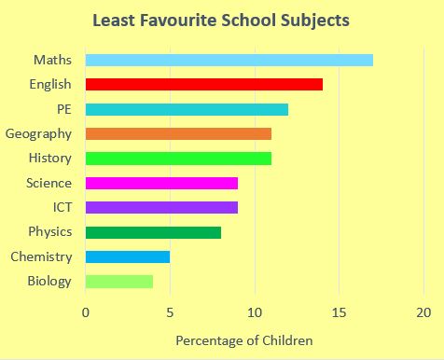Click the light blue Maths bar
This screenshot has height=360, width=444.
coord(229,60)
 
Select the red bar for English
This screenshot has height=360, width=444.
coord(203,84)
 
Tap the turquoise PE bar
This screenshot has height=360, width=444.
coord(187,109)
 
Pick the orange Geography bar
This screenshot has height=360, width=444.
coord(178,133)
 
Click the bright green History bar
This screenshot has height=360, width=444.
coord(178,159)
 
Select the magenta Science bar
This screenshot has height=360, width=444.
coord(161,183)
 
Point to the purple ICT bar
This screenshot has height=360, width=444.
coord(161,207)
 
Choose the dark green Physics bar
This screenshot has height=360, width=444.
coord(153,232)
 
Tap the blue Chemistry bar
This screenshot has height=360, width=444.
coord(128,256)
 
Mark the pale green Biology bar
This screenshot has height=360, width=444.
coord(119,281)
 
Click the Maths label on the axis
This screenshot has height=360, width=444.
coord(52,60)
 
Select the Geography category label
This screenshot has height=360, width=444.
coord(38,133)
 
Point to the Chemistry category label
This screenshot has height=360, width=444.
coord(41,256)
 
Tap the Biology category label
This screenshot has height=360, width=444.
coord(49,281)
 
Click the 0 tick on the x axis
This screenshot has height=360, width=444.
coord(86,312)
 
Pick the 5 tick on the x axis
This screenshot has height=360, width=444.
coord(170,312)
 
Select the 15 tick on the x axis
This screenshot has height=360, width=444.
coord(339,312)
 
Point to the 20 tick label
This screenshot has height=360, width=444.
coord(423,312)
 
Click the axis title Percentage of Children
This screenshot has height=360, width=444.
coord(244,340)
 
